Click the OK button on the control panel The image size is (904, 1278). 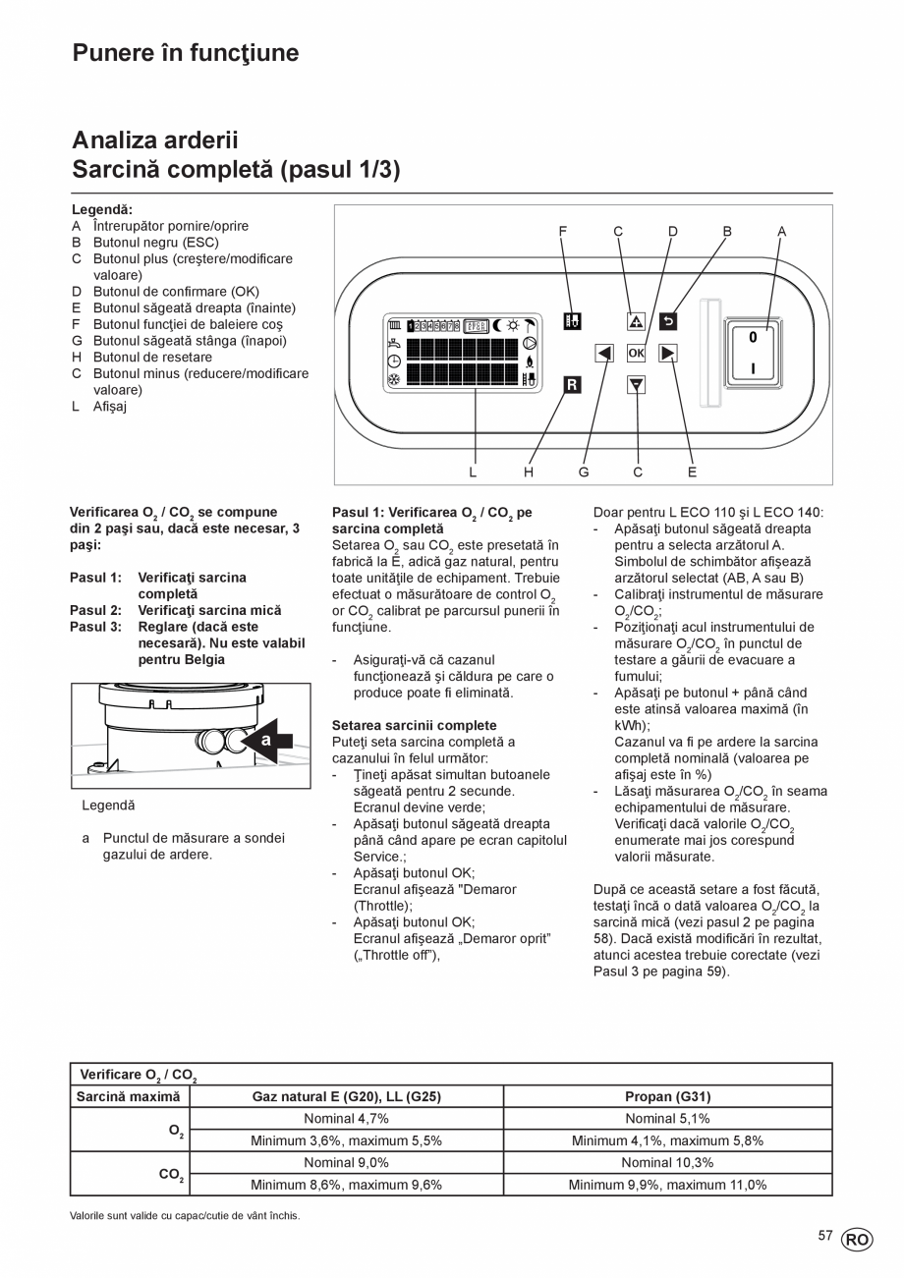pos(636,353)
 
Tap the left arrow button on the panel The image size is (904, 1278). pos(604,353)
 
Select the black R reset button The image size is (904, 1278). pos(572,385)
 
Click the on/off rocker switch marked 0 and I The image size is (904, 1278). pos(753,352)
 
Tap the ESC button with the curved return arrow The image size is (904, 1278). pos(667,320)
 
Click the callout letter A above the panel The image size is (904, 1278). pos(782,232)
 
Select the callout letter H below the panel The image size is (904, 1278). pos(529,472)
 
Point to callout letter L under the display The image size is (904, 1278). pos(473,472)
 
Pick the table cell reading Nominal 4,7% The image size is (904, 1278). pos(346,1119)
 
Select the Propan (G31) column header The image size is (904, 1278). pos(667,1096)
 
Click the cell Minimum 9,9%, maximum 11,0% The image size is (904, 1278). pos(667,1185)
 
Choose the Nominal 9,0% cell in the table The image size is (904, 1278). pos(346,1162)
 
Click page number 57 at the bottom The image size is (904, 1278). pos(825,1236)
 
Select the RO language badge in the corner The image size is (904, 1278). pos(856,1240)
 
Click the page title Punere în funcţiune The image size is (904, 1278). pos(186,53)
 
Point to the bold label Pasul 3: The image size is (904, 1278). pos(95,626)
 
